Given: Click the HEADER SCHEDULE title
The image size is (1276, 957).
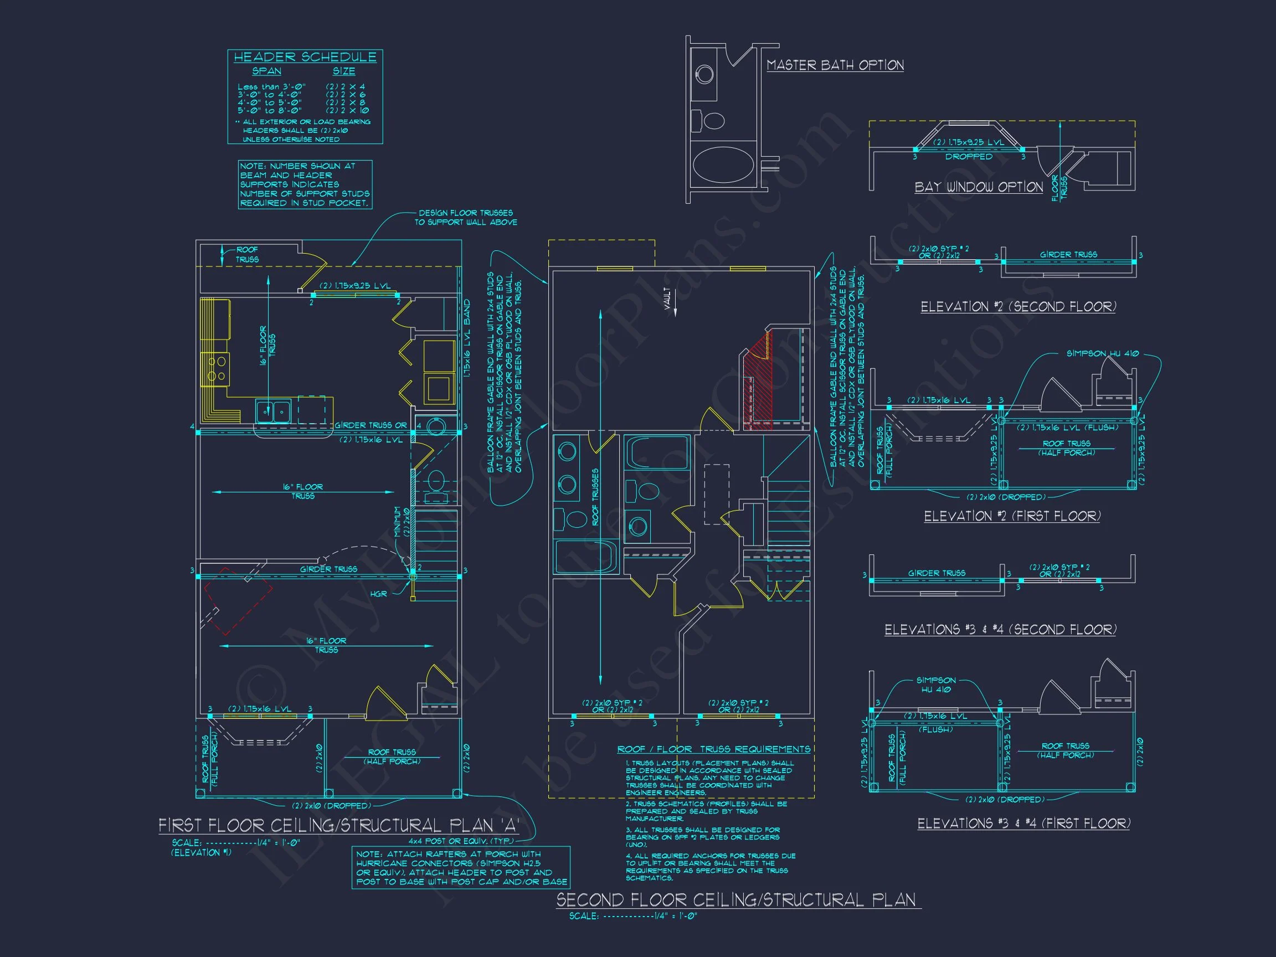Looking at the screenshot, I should [305, 57].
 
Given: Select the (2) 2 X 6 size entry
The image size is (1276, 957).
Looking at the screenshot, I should [345, 95].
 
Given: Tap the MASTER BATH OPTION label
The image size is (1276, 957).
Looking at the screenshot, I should [835, 65].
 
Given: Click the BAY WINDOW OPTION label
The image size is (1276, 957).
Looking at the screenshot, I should [979, 187].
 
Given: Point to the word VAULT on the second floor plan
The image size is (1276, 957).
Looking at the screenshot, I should [667, 299].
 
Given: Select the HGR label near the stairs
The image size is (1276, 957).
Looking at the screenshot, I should [378, 594].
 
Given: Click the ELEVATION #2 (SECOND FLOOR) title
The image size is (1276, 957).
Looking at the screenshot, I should [1017, 307].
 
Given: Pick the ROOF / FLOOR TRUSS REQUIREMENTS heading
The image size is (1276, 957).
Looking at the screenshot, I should [713, 749].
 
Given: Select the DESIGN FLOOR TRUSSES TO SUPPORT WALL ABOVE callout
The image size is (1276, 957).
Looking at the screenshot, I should [466, 218].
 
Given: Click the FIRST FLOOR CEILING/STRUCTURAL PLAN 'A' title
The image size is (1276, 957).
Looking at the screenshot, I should [338, 826].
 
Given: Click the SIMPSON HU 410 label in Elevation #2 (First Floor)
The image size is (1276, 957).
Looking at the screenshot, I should [1102, 353].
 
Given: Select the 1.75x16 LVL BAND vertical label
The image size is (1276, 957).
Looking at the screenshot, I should [467, 338].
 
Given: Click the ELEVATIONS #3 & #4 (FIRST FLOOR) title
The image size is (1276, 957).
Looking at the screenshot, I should [1023, 823].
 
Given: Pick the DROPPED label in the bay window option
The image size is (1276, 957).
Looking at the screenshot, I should [969, 157].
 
